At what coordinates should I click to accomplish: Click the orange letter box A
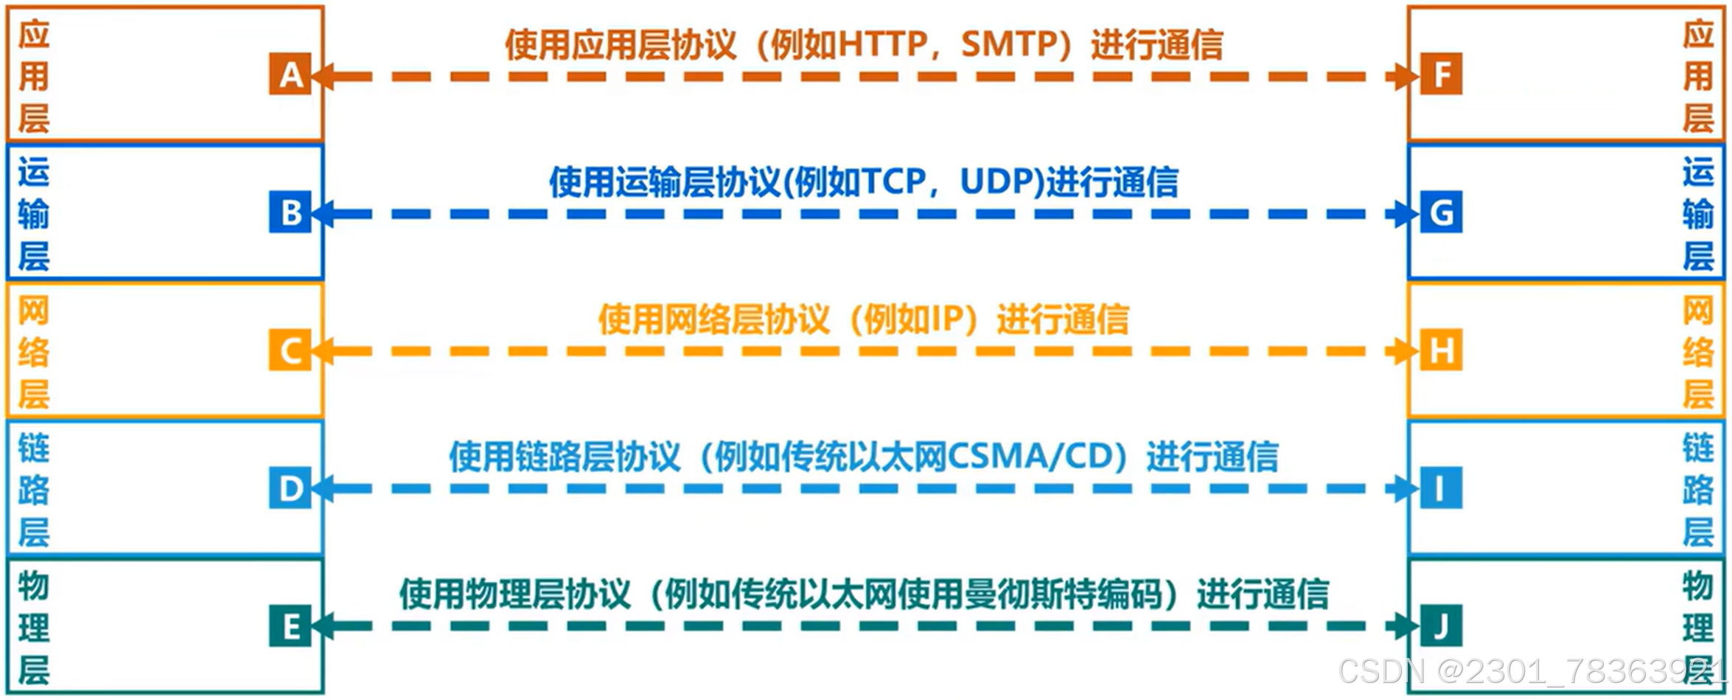pyautogui.click(x=290, y=74)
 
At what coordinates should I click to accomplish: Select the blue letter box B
pyautogui.click(x=290, y=212)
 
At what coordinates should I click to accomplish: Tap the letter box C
pyautogui.click(x=290, y=350)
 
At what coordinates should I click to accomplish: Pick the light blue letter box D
pyautogui.click(x=290, y=488)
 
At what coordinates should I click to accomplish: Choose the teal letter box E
pyautogui.click(x=290, y=626)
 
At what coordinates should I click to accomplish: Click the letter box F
pyautogui.click(x=1441, y=74)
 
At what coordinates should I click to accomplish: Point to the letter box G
pyautogui.click(x=1441, y=212)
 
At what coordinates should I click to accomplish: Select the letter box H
pyautogui.click(x=1441, y=350)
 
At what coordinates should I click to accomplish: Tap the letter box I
pyautogui.click(x=1441, y=488)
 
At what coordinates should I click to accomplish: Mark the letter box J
pyautogui.click(x=1441, y=626)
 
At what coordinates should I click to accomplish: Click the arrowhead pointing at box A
pyautogui.click(x=323, y=76)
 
